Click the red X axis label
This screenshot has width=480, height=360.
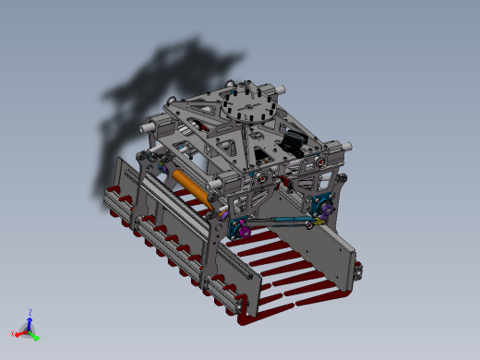click(12, 333)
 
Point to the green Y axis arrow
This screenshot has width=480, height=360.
click(34, 334)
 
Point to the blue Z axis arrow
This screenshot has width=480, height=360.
click(29, 320)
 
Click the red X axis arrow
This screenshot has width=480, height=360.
click(20, 330)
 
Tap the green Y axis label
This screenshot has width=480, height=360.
click(38, 339)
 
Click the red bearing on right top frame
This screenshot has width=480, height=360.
click(319, 160)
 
